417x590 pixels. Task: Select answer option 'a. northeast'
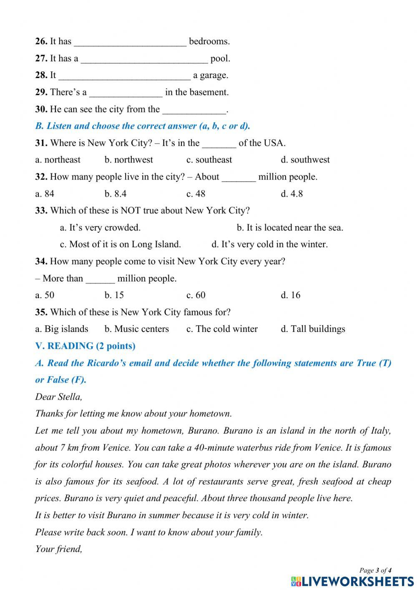pos(58,160)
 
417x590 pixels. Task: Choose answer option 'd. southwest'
pos(305,160)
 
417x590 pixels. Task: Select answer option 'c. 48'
pos(196,194)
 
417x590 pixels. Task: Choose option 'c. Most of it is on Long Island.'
pos(121,244)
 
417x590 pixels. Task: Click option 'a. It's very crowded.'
pos(100,228)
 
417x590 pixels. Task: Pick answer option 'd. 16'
pos(290,295)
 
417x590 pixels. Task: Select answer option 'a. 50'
pos(45,295)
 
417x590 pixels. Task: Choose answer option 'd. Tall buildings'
pos(313,329)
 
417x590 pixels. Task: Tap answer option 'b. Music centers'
pos(137,329)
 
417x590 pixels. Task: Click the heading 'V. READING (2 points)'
pos(85,346)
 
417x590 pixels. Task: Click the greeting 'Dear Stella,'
pos(59,397)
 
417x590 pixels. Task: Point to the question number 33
pos(41,210)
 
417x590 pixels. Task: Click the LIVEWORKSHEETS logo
pos(352,581)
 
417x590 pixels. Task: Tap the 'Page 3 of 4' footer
pos(375,570)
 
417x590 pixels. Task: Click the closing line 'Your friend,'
pos(59,549)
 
